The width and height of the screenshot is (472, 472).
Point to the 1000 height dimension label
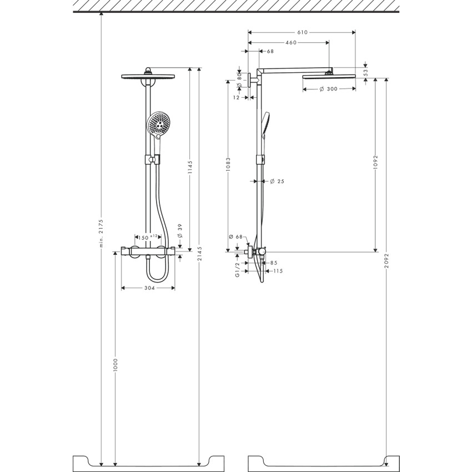click(x=116, y=364)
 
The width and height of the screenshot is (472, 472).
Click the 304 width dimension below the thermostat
click(x=148, y=288)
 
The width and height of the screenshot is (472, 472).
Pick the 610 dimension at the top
click(x=302, y=33)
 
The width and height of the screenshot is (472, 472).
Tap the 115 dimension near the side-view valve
click(x=278, y=271)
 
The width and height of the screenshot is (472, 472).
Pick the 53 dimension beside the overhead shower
click(x=365, y=71)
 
